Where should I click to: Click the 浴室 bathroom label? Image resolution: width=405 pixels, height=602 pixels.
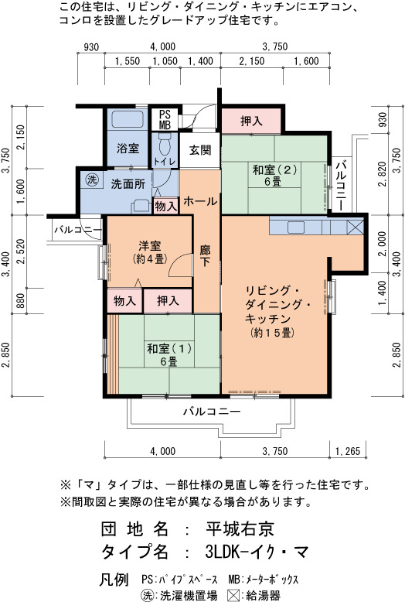pyautogui.click(x=128, y=149)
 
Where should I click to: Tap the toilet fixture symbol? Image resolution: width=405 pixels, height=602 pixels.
pyautogui.click(x=164, y=143)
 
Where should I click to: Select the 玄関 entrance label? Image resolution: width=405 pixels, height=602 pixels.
pyautogui.click(x=200, y=150)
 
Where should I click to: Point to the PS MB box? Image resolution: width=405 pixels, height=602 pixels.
pyautogui.click(x=165, y=119)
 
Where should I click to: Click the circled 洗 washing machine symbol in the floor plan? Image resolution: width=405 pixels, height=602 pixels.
pyautogui.click(x=92, y=180)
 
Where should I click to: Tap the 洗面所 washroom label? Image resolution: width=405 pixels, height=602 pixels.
pyautogui.click(x=128, y=184)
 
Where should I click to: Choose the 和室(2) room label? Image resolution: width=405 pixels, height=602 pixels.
pyautogui.click(x=274, y=169)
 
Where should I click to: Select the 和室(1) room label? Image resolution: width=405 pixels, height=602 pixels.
pyautogui.click(x=169, y=349)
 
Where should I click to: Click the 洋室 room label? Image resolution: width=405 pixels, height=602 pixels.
pyautogui.click(x=150, y=246)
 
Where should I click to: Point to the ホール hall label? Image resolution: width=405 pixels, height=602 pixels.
pyautogui.click(x=200, y=200)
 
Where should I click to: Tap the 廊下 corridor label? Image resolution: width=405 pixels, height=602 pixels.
pyautogui.click(x=205, y=256)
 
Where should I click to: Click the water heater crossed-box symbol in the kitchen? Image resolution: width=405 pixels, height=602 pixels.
pyautogui.click(x=355, y=227)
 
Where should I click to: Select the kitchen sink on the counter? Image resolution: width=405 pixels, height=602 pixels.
pyautogui.click(x=296, y=227)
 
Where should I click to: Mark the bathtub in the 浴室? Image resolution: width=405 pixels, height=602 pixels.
pyautogui.click(x=127, y=119)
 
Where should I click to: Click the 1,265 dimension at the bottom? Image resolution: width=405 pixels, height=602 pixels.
pyautogui.click(x=348, y=451)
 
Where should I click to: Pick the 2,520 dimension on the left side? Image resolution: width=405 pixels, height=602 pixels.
pyautogui.click(x=20, y=251)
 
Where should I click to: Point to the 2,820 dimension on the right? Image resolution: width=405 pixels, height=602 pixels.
pyautogui.click(x=382, y=174)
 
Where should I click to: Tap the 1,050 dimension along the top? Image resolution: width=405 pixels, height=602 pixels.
pyautogui.click(x=165, y=61)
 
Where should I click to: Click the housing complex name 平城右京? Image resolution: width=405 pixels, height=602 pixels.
pyautogui.click(x=240, y=529)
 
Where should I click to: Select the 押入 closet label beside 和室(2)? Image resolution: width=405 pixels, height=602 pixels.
pyautogui.click(x=252, y=121)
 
